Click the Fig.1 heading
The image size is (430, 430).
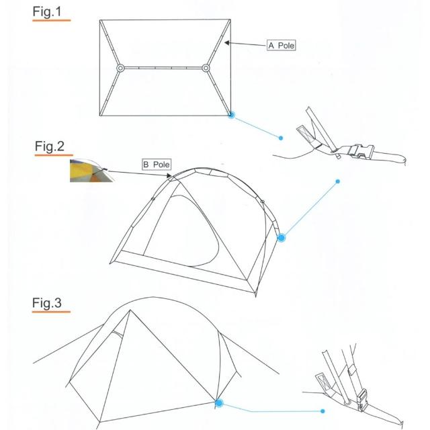pyautogui.click(x=47, y=12)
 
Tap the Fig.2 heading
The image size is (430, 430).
pyautogui.click(x=49, y=146)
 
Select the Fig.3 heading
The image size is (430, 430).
pyautogui.click(x=47, y=303)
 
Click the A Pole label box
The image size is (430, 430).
pyautogui.click(x=281, y=45)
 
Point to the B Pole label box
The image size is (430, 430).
pyautogui.click(x=157, y=165)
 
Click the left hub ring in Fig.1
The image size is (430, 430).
pyautogui.click(x=120, y=68)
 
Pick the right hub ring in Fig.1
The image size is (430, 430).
pyautogui.click(x=206, y=68)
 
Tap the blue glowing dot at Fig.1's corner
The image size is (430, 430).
pyautogui.click(x=231, y=115)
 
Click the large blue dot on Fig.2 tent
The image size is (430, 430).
pyautogui.click(x=281, y=237)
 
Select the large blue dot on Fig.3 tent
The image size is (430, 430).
pyautogui.click(x=219, y=403)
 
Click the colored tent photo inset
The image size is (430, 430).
pyautogui.click(x=91, y=171)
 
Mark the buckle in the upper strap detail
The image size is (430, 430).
pyautogui.click(x=361, y=151)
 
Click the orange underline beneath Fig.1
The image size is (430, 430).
pyautogui.click(x=52, y=20)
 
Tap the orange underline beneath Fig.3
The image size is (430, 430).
pyautogui.click(x=51, y=312)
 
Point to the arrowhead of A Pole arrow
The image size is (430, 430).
pyautogui.click(x=227, y=43)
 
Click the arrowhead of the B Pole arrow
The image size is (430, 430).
pyautogui.click(x=169, y=175)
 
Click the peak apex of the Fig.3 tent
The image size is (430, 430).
pyautogui.click(x=130, y=310)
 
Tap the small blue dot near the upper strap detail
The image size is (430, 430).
pyautogui.click(x=281, y=138)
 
